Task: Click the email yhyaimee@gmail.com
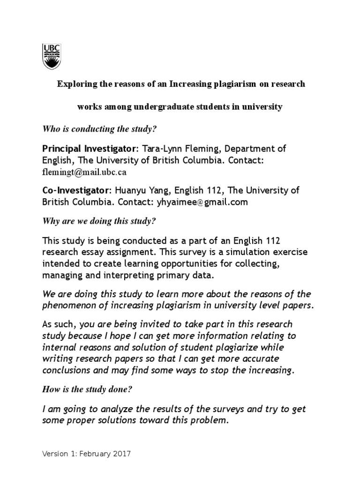click(204, 202)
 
